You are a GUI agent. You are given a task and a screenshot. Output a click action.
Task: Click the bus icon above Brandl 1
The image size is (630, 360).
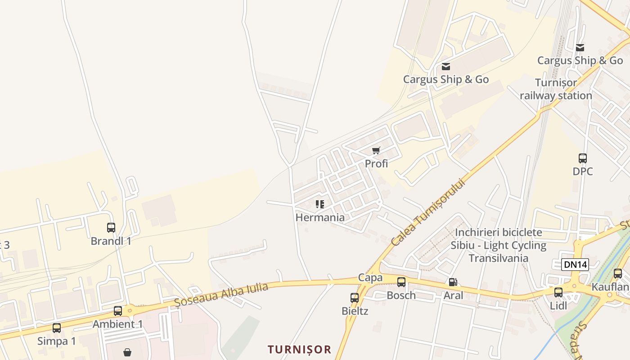coord(111,228)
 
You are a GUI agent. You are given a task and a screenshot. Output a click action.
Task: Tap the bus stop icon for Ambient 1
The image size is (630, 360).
coord(118,310)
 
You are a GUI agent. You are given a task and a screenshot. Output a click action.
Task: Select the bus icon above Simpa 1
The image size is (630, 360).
coord(57,328)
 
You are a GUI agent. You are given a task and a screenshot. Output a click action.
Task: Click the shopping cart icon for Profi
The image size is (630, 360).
coord(376,150)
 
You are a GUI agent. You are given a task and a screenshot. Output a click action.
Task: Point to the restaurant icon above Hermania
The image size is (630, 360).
coord(320,204)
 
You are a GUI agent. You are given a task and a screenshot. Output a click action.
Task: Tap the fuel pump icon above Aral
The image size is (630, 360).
coord(453,282)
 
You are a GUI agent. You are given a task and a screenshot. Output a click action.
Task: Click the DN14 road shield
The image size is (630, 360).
coord(575,265)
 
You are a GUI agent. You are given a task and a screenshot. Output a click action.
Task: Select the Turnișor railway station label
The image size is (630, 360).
coord(556,89)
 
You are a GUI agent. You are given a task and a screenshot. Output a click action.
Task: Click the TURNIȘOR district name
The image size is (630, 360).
coord(299,349)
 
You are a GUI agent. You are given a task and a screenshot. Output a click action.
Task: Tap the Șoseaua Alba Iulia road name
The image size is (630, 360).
coord(221,295)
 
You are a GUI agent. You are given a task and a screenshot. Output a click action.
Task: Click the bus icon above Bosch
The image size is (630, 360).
coord(401,282)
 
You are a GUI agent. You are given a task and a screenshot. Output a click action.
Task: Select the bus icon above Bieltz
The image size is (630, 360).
coord(355,297)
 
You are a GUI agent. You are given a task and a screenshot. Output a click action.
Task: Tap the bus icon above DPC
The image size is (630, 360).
coord(583,158)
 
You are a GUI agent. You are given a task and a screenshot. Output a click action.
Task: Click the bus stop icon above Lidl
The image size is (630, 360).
coord(558,292)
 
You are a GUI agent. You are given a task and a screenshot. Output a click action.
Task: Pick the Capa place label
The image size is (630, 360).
coord(370,278)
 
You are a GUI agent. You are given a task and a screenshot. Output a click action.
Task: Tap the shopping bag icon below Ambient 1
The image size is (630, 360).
coord(128,352)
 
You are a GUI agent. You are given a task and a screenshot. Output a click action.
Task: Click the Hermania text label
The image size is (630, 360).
coord(320,217)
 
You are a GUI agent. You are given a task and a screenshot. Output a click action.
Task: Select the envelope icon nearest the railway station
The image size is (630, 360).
coord(580,47)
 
